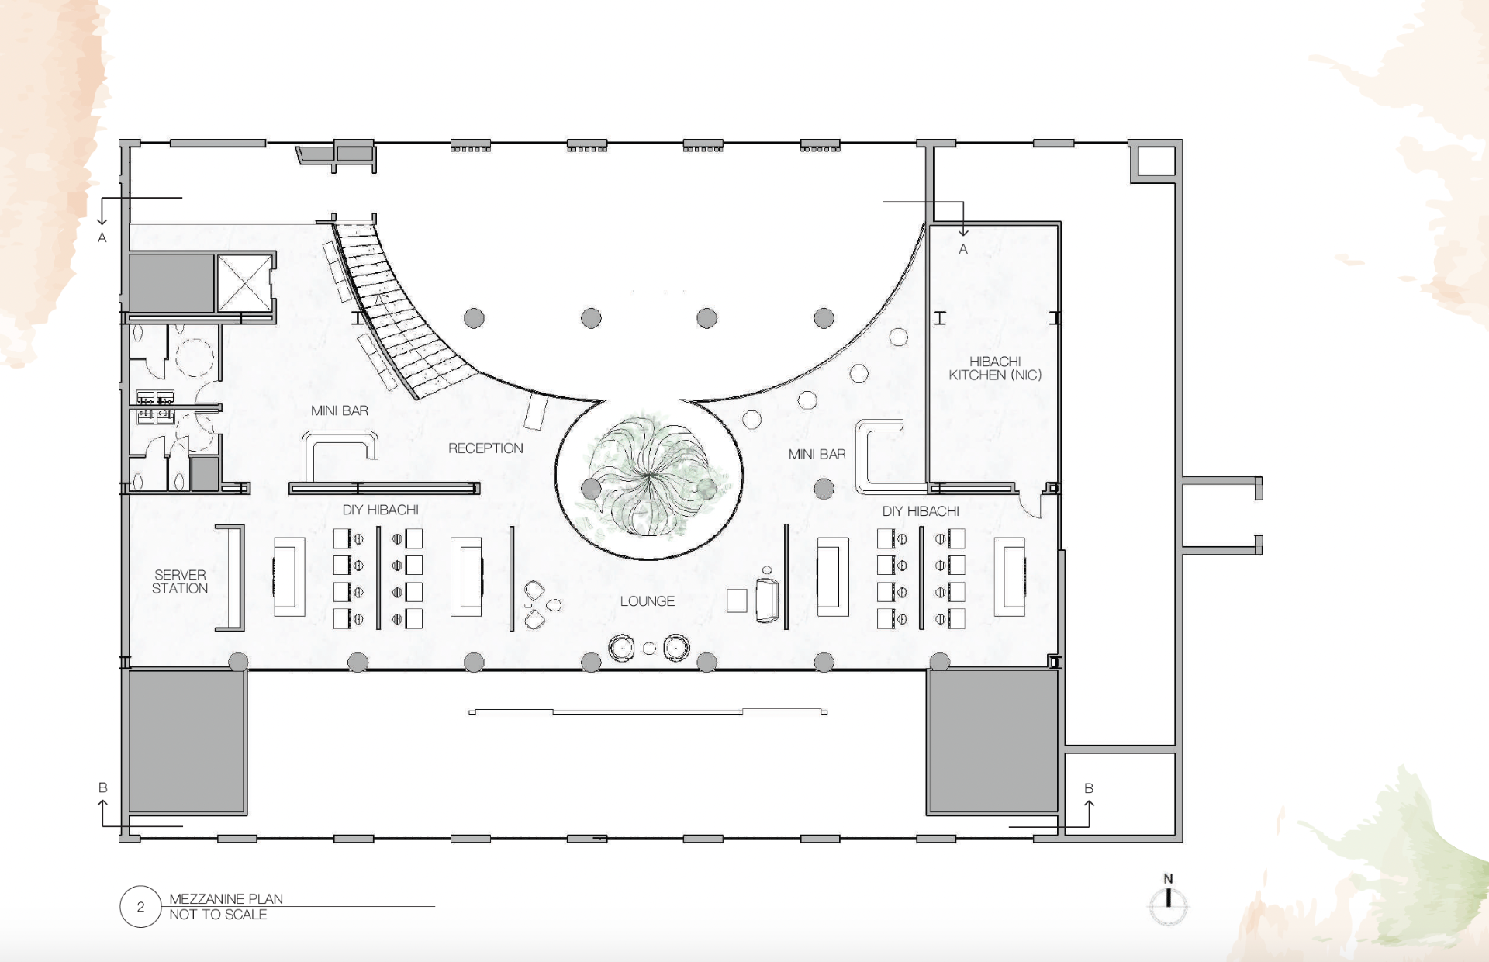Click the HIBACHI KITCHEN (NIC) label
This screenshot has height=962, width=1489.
point(995,369)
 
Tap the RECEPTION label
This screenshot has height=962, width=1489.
point(485,448)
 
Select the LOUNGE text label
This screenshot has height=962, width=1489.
point(647,601)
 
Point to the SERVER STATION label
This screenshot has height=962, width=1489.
point(180,582)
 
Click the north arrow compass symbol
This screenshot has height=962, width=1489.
point(1168,901)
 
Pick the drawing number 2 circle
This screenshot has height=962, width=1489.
point(140,906)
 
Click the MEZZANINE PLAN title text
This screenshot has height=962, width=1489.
point(226,898)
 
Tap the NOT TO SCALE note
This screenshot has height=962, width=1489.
point(218,915)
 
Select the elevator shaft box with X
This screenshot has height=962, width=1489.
point(244,283)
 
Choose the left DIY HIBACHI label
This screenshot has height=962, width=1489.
point(381,510)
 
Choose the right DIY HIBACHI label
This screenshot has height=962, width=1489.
point(921,511)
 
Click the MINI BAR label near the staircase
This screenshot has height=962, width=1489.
point(340,410)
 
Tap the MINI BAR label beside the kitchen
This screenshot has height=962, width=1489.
point(817,454)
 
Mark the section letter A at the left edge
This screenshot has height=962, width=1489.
point(102,238)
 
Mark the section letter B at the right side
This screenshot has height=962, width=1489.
point(1089,788)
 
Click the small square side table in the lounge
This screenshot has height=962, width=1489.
point(737,600)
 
